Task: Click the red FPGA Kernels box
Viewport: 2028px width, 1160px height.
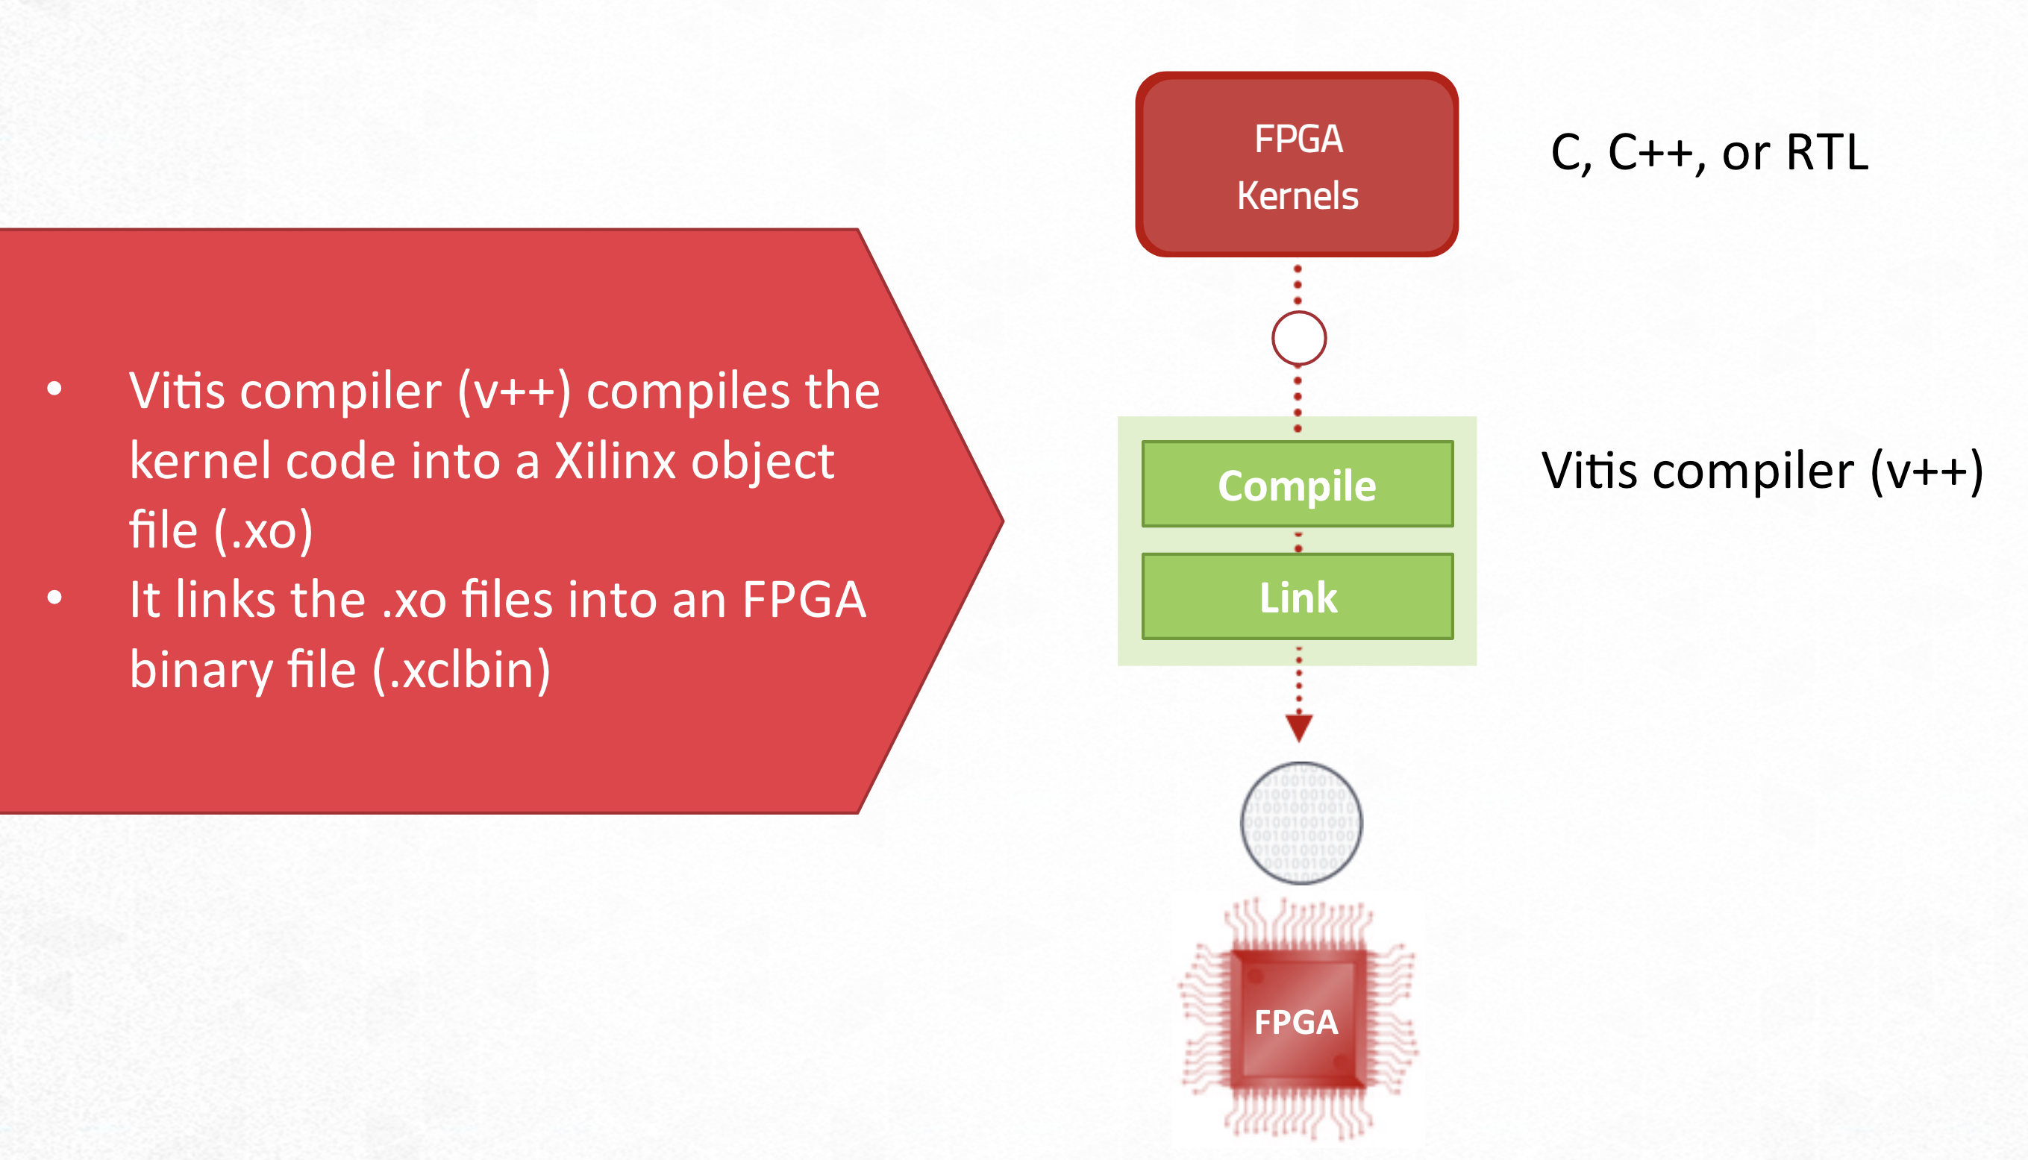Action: click(1298, 164)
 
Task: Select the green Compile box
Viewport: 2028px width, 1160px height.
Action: click(1298, 484)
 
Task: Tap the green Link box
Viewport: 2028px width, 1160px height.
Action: click(1298, 597)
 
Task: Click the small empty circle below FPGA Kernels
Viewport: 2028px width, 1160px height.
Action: click(1299, 339)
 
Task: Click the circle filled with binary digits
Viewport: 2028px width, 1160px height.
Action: click(1301, 823)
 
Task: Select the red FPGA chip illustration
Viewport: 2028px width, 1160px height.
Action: click(1298, 1020)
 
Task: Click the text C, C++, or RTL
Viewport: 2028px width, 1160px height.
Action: click(1709, 152)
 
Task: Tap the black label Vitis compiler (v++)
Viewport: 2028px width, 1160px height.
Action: click(1762, 471)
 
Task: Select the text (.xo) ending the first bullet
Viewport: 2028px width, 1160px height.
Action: click(264, 530)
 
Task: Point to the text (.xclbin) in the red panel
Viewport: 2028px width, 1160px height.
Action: click(461, 670)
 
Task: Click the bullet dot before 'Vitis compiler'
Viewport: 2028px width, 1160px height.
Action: click(54, 389)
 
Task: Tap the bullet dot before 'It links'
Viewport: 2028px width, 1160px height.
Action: click(54, 598)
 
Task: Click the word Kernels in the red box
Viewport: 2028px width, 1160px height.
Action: click(1298, 195)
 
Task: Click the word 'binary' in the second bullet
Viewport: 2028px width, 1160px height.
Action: click(201, 671)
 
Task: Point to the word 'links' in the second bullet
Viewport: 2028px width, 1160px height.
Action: click(225, 599)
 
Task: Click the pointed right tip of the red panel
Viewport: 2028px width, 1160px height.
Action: click(1004, 521)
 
